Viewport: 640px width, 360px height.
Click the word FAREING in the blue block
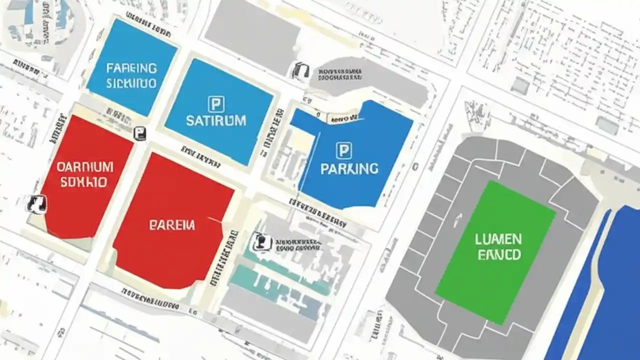coord(131,68)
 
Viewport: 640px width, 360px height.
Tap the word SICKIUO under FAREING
coord(131,83)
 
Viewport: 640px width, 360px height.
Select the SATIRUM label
coord(215,120)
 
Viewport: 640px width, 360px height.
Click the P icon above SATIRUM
coord(215,104)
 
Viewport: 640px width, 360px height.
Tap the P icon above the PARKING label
coord(343,150)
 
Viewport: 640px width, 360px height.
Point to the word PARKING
coord(349,168)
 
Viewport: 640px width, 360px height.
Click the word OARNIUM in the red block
coord(84,166)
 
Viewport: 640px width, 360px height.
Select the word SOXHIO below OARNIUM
coord(83,182)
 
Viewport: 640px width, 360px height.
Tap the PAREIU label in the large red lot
coord(171,225)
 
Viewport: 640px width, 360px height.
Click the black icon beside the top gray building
coord(300,70)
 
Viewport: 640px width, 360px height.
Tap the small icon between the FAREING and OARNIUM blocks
coord(140,133)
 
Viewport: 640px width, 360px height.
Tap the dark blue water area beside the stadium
coord(610,290)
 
